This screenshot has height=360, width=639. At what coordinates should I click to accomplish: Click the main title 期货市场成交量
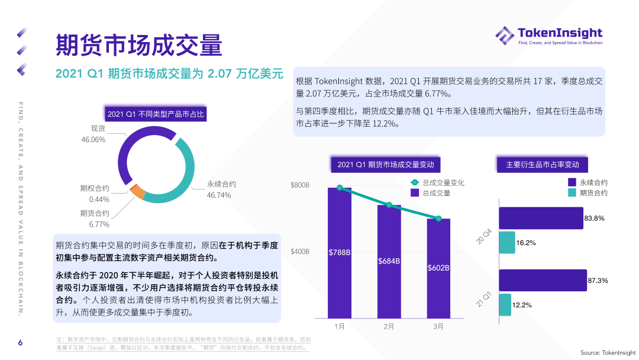138,45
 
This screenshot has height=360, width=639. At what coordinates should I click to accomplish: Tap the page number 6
20,343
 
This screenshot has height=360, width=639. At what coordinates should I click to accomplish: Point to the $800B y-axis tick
300,185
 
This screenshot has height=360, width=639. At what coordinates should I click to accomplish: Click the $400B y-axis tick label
300,252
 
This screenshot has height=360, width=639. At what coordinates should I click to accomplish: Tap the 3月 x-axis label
438,326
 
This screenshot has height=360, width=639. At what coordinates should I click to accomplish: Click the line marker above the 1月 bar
340,188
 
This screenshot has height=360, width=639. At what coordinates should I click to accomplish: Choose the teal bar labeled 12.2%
505,305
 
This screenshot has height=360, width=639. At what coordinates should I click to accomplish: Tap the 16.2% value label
525,243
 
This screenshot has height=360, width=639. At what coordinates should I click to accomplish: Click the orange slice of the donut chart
138,191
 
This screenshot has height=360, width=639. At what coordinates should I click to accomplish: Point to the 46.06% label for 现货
93,140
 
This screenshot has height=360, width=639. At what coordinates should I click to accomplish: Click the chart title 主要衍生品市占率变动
542,165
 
